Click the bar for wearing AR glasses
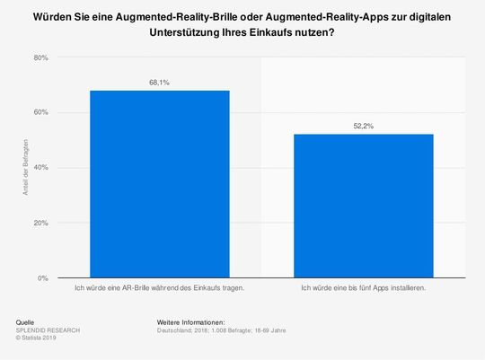159,184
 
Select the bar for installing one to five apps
364,206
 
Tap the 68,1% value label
159,83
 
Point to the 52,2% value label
364,126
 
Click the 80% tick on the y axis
40,57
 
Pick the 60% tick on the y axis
40,113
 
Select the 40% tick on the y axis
40,168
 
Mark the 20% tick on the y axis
40,223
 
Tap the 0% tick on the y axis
43,278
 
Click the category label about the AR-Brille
159,288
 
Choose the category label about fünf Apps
364,288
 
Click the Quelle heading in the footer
27,320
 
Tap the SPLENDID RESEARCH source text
48,329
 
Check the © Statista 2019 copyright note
39,337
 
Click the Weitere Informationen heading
190,320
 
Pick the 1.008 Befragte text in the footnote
235,329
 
